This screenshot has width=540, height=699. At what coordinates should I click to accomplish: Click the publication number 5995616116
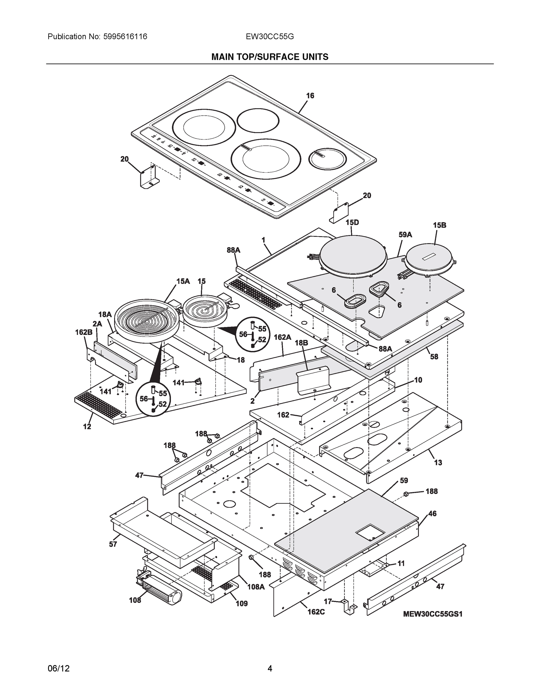point(125,36)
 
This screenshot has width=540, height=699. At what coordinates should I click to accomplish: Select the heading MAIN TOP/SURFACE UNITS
point(270,57)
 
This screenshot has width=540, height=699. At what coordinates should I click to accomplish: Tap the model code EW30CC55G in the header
point(270,36)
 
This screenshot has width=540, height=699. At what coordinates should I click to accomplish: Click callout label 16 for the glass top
point(310,96)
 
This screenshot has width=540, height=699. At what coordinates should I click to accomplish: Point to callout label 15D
point(352,222)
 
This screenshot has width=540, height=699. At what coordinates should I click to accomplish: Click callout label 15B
point(440,225)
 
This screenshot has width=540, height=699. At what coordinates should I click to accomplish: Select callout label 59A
point(405,234)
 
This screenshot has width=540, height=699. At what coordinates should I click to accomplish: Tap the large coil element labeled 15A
point(146,317)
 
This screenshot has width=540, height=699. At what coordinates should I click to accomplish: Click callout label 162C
point(316,612)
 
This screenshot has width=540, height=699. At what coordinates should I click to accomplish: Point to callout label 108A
point(256,587)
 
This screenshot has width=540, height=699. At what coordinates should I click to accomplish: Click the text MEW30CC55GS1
point(433,614)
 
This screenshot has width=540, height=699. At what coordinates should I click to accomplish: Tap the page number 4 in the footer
point(270,669)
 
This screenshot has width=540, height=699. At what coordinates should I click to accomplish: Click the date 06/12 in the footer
point(59,669)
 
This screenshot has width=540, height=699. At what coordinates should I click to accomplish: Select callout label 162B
point(84,332)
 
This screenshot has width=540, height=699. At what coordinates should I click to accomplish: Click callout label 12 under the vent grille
point(87,427)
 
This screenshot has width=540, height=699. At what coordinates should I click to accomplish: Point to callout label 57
point(113,544)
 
